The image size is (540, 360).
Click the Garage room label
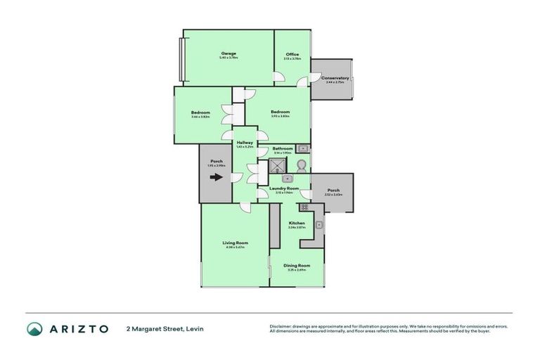click(228, 53)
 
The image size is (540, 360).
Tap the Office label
click(292, 54)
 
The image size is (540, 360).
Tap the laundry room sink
click(288, 179)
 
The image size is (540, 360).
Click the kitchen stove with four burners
click(304, 207)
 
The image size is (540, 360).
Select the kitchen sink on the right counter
click(319, 225)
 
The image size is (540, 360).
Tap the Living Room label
click(234, 243)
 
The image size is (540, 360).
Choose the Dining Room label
click(296, 265)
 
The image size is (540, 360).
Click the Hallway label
click(245, 143)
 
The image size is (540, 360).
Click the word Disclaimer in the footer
click(281, 326)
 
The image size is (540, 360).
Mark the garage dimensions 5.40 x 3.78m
click(228, 58)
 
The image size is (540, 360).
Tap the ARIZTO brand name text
click(78, 328)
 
